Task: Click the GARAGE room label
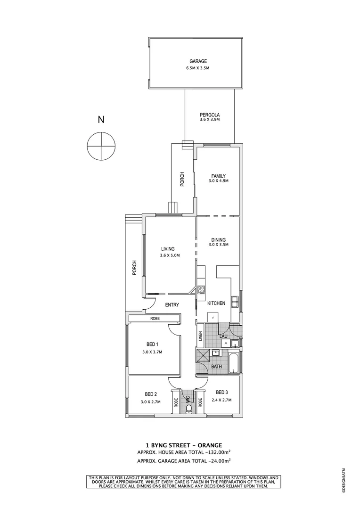[198, 61]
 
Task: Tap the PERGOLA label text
[209, 115]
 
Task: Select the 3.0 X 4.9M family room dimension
[219, 181]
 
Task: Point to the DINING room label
[219, 240]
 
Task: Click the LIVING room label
[168, 249]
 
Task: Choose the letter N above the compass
[101, 120]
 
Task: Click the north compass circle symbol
[101, 146]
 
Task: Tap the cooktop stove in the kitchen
[200, 290]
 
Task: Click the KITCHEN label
[217, 303]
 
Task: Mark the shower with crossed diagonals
[203, 356]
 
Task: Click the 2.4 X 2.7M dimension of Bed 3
[221, 400]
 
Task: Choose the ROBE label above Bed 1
[155, 319]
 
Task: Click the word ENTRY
[172, 305]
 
